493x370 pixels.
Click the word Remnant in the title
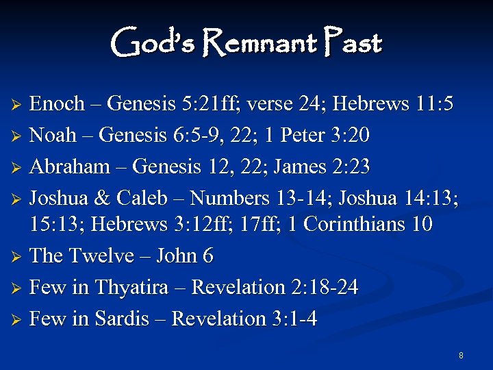pyautogui.click(x=260, y=44)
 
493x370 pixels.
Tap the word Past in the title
pyautogui.click(x=354, y=44)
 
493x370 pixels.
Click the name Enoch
pyautogui.click(x=58, y=104)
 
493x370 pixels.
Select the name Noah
pyautogui.click(x=53, y=135)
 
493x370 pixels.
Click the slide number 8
pyautogui.click(x=461, y=356)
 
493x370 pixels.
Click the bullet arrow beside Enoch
pyautogui.click(x=20, y=106)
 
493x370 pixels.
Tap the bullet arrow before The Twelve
pyautogui.click(x=20, y=257)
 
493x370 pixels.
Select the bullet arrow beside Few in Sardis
pyautogui.click(x=20, y=320)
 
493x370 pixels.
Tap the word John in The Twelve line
pyautogui.click(x=177, y=256)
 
